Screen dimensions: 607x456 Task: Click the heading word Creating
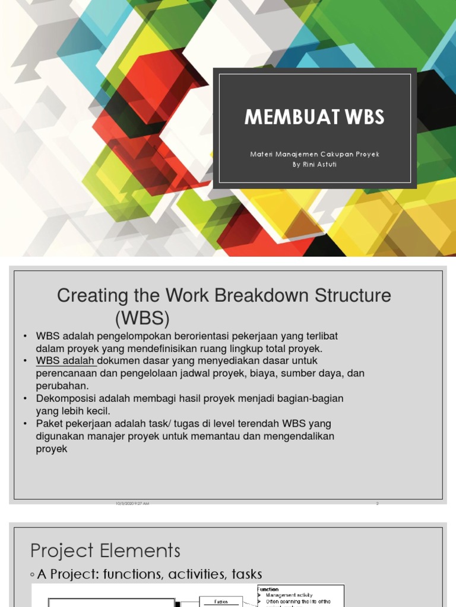point(93,295)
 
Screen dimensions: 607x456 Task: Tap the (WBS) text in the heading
point(142,318)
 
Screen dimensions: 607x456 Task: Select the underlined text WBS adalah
point(66,360)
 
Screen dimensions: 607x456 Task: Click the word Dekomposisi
point(67,398)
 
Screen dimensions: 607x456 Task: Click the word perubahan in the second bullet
point(62,385)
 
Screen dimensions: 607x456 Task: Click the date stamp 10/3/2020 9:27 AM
point(132,503)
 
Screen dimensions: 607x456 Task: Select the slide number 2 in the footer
point(377,503)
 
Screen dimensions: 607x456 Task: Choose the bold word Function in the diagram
point(269,589)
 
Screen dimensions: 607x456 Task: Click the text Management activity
point(289,595)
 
